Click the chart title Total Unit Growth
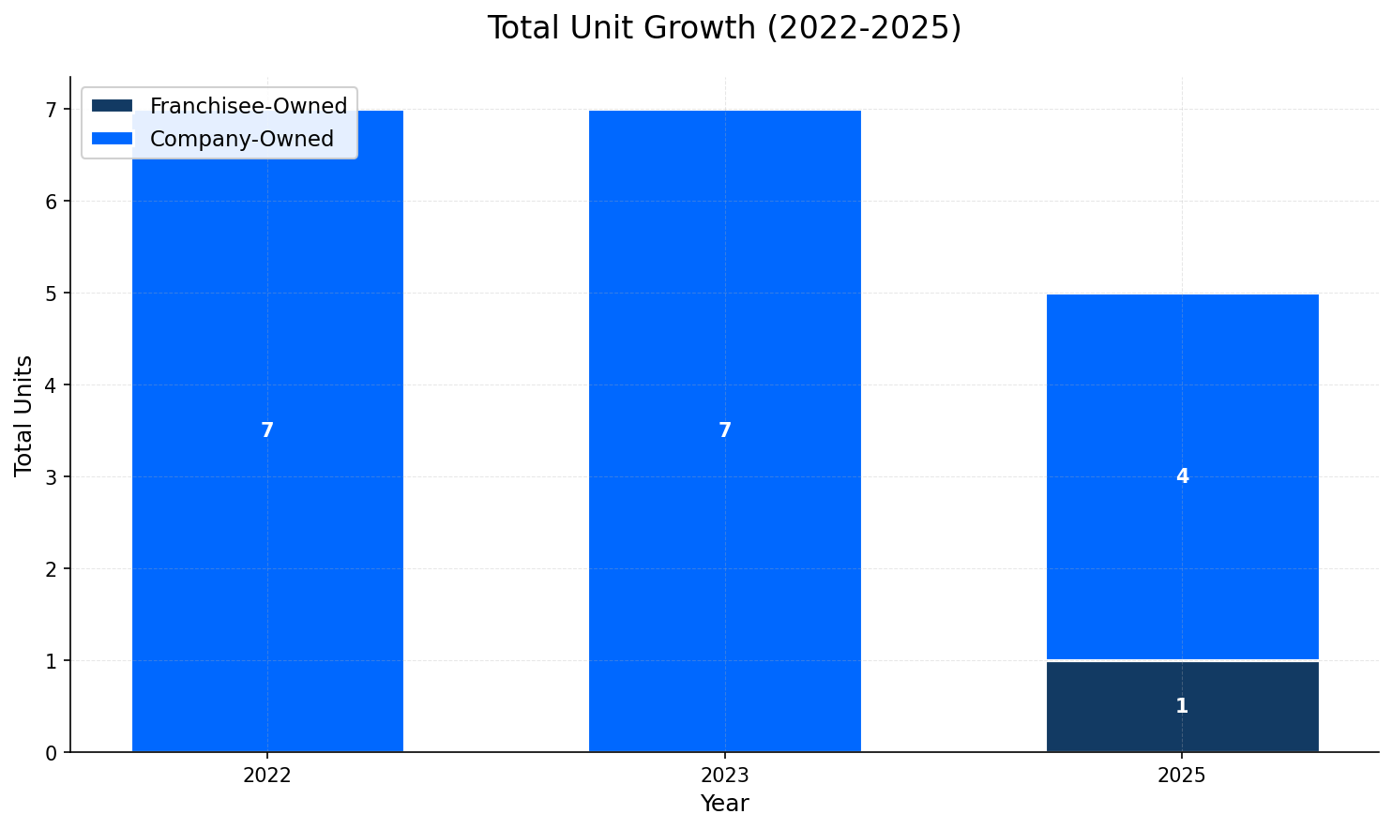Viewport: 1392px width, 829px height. [724, 28]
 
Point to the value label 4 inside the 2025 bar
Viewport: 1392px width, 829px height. [1182, 476]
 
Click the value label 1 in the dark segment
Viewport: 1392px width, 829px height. [1182, 706]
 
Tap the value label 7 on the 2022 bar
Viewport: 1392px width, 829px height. [267, 430]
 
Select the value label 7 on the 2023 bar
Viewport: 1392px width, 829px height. [724, 430]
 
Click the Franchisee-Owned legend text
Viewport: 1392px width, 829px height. [249, 106]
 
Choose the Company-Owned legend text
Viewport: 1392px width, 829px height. [242, 139]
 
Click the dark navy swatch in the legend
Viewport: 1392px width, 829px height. [113, 106]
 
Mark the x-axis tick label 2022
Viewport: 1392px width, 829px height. [267, 776]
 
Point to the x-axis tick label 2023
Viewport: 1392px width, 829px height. [724, 776]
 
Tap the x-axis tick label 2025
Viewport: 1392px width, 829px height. [1182, 776]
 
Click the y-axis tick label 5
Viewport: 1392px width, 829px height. [52, 294]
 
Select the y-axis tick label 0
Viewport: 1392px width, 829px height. [52, 753]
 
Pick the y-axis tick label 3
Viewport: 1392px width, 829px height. [52, 477]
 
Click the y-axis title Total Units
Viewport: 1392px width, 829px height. [24, 415]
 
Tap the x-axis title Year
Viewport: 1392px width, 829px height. [724, 804]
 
